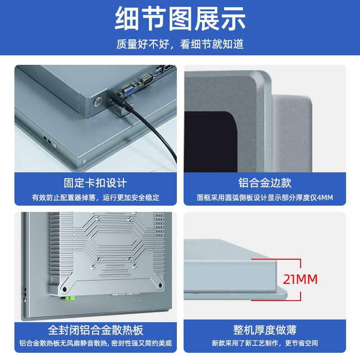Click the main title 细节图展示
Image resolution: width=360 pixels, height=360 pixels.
click(x=180, y=18)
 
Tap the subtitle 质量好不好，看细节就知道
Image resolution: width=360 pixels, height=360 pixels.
click(x=180, y=44)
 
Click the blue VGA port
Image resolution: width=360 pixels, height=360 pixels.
click(x=129, y=90)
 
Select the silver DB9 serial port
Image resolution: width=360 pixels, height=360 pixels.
click(x=148, y=79)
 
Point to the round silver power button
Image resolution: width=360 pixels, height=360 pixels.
click(x=98, y=101)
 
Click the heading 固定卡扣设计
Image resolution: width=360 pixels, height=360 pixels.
click(x=95, y=183)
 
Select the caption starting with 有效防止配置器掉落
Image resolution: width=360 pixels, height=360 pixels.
click(x=95, y=198)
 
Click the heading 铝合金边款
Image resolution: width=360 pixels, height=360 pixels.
click(x=265, y=183)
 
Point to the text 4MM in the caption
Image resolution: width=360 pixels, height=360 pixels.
click(x=325, y=198)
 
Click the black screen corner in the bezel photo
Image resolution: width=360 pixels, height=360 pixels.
click(x=210, y=142)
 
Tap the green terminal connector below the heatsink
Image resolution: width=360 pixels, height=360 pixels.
click(x=70, y=298)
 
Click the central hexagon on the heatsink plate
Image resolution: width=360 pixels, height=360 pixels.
click(x=114, y=240)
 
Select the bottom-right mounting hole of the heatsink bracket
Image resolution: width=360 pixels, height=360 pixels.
click(x=160, y=286)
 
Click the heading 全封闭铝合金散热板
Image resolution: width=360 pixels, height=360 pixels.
click(x=95, y=330)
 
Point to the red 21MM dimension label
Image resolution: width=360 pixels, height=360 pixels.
click(x=300, y=279)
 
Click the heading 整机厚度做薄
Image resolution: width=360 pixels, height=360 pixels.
click(x=265, y=330)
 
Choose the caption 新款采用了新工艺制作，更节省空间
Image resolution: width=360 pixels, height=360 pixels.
click(x=265, y=343)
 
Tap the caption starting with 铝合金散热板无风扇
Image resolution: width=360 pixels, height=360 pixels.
click(x=95, y=343)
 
